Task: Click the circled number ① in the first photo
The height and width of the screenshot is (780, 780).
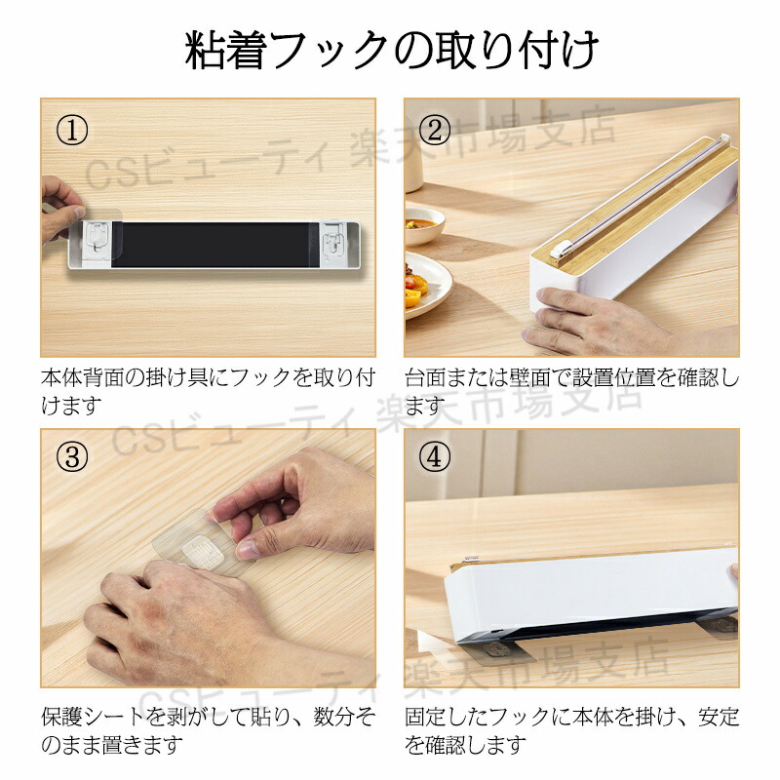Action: [72, 131]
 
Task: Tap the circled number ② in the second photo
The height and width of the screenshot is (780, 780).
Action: [435, 131]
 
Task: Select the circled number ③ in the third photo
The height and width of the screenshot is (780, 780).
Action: [72, 456]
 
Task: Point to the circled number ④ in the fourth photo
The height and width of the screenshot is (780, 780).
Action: [435, 456]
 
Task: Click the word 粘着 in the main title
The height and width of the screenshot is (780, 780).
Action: [225, 51]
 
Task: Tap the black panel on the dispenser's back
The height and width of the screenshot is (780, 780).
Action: [212, 245]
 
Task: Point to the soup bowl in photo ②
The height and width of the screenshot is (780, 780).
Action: [424, 226]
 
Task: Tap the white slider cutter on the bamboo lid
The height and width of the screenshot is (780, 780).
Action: [559, 249]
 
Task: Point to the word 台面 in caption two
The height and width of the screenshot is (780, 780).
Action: [425, 378]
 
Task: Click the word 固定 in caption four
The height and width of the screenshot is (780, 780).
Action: [425, 718]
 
